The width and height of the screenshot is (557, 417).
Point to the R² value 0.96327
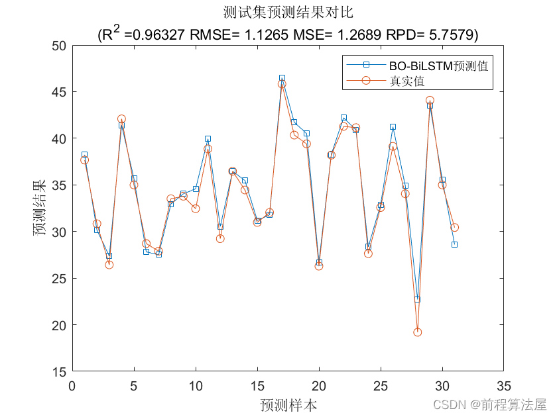[x=160, y=34]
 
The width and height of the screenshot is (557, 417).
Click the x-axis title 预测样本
[x=288, y=404]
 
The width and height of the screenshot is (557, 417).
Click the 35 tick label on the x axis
[x=503, y=385]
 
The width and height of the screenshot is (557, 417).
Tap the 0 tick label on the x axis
[x=72, y=385]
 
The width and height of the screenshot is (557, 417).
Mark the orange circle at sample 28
[x=417, y=332]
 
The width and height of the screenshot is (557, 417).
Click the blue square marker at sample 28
[x=417, y=299]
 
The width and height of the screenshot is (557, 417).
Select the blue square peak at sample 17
[x=282, y=78]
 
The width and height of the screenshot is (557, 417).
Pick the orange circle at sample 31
[x=454, y=228]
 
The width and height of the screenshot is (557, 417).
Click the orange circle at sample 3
[x=109, y=265]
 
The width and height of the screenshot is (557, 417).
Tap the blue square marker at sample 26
[x=393, y=126]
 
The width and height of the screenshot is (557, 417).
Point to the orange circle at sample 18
[x=294, y=135]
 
